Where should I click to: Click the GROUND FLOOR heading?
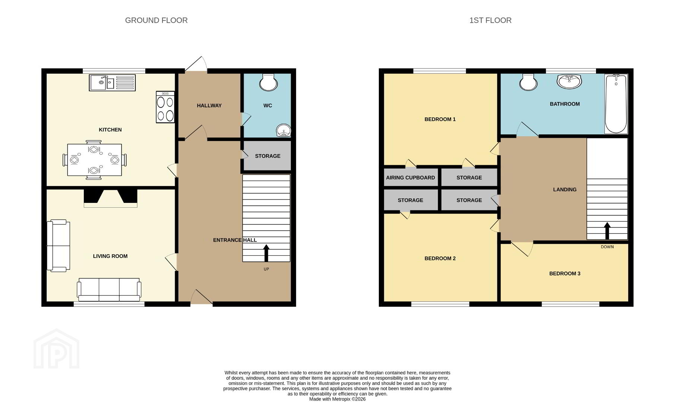pyautogui.click(x=156, y=20)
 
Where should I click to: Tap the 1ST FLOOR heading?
pyautogui.click(x=490, y=20)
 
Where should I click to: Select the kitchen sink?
pyautogui.click(x=112, y=83)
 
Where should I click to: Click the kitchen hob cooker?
pyautogui.click(x=165, y=107)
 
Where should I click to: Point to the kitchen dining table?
pyautogui.click(x=94, y=160)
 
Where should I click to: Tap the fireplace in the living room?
pyautogui.click(x=110, y=198)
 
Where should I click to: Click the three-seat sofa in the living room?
pyautogui.click(x=109, y=290)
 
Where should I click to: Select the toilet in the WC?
pyautogui.click(x=268, y=82)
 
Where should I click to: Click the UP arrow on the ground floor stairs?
pyautogui.click(x=266, y=253)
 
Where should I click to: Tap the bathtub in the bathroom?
pyautogui.click(x=616, y=104)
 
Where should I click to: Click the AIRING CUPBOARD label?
pyautogui.click(x=410, y=178)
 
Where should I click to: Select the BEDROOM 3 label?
pyautogui.click(x=565, y=274)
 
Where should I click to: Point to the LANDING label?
pyautogui.click(x=565, y=189)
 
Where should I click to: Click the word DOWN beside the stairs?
pyautogui.click(x=607, y=247)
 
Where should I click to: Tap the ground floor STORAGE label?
pyautogui.click(x=267, y=156)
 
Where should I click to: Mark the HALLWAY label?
pyautogui.click(x=209, y=106)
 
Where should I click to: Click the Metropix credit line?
pyautogui.click(x=337, y=399)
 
